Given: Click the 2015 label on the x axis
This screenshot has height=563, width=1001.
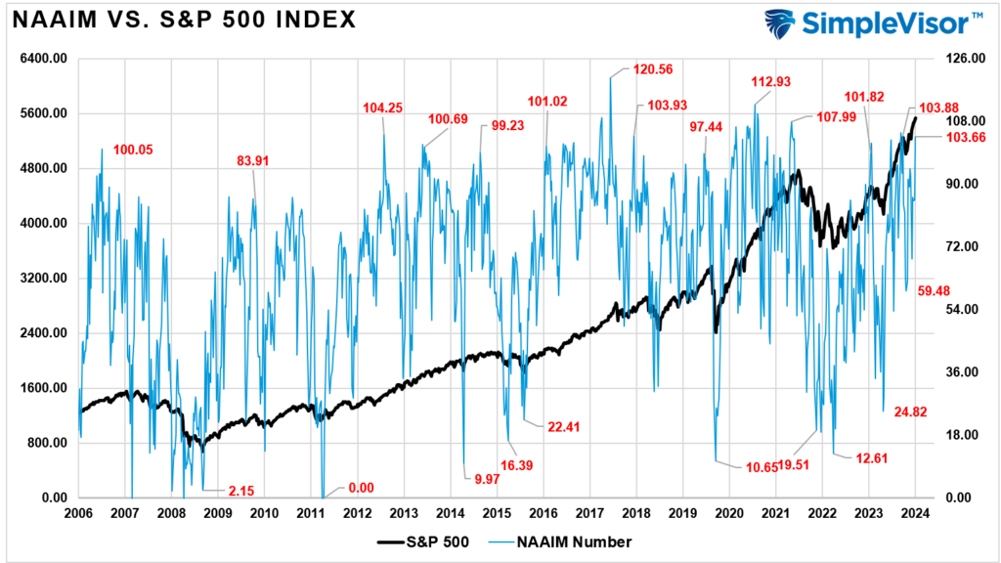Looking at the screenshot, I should pyautogui.click(x=497, y=512).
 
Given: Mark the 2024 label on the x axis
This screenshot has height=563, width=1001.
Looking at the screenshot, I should pyautogui.click(x=915, y=512).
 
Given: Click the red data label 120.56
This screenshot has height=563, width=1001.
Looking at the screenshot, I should pyautogui.click(x=646, y=70).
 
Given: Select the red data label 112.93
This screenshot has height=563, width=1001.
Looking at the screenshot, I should pyautogui.click(x=771, y=82).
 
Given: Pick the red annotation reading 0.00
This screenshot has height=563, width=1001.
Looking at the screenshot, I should pyautogui.click(x=361, y=487).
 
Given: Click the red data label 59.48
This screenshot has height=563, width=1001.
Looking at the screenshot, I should pyautogui.click(x=938, y=291).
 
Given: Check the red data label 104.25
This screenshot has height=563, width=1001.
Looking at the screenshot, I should pyautogui.click(x=383, y=108).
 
